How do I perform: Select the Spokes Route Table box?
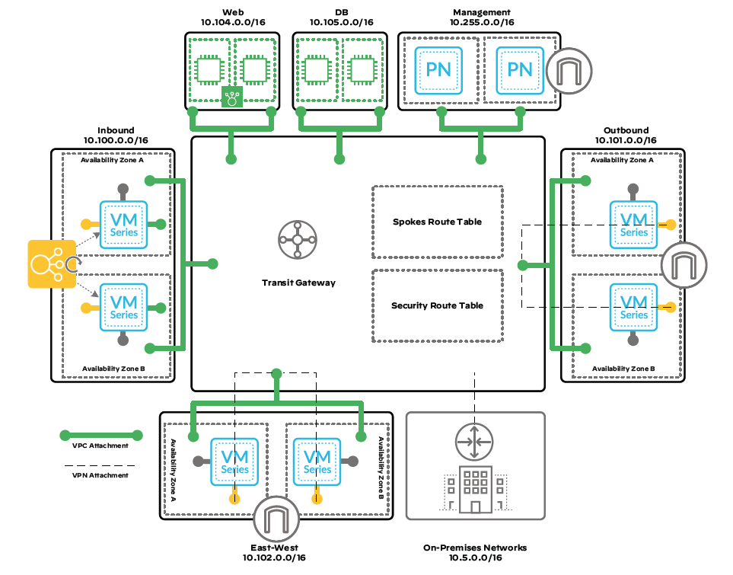click(437, 222)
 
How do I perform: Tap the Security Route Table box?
click(437, 305)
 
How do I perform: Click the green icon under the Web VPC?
click(231, 97)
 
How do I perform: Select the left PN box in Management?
click(438, 69)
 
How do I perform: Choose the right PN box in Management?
click(520, 69)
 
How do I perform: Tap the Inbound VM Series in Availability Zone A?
click(124, 225)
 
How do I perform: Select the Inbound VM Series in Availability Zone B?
click(124, 307)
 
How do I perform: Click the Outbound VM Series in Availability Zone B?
click(633, 307)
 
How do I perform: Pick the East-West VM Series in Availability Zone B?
click(317, 462)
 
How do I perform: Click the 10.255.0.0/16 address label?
click(481, 23)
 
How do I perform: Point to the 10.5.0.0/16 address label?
click(475, 559)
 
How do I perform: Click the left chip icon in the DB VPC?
click(317, 69)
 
